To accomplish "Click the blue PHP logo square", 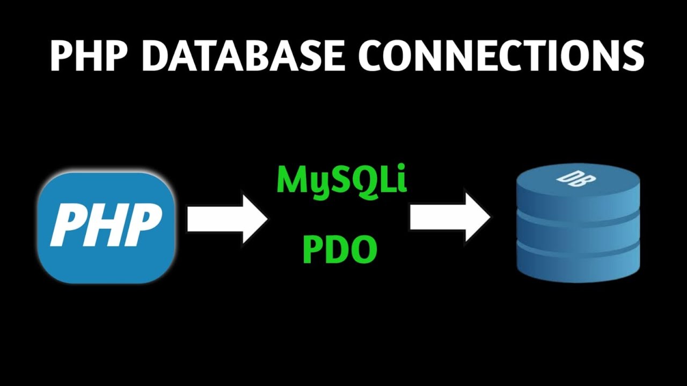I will click(x=106, y=227).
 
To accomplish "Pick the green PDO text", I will click(x=339, y=249).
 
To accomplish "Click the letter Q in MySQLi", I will click(x=363, y=180).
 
